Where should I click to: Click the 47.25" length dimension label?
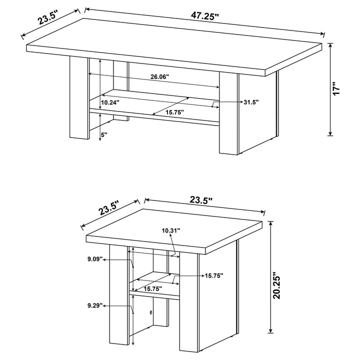tap(205, 16)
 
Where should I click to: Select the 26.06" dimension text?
tap(159, 77)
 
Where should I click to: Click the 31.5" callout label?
tap(250, 102)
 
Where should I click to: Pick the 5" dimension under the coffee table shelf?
tap(104, 134)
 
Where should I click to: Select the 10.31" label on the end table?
tap(171, 230)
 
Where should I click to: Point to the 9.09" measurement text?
tap(95, 259)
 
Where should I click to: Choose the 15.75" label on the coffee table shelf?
tap(175, 112)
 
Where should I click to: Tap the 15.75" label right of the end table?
tap(213, 275)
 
